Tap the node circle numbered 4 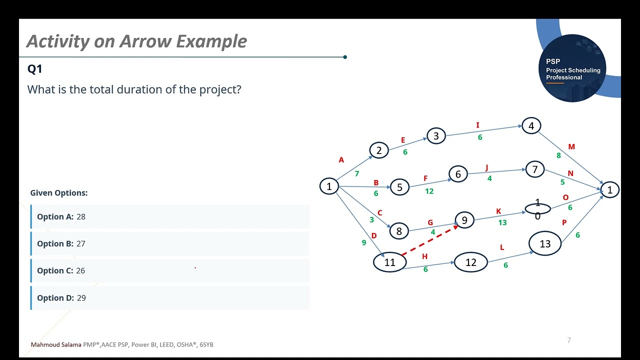[531, 126]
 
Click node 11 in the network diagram [389, 262]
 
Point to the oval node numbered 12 [470, 262]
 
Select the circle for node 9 [464, 220]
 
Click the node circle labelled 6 [458, 174]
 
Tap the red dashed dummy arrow [430, 240]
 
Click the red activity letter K [498, 211]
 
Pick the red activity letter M [571, 147]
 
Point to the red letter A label [341, 160]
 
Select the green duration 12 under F [429, 191]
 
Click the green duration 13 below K [502, 222]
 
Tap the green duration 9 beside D [363, 242]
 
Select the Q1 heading [34, 69]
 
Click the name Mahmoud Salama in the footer [56, 344]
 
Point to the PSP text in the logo [553, 61]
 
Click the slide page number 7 [569, 340]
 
